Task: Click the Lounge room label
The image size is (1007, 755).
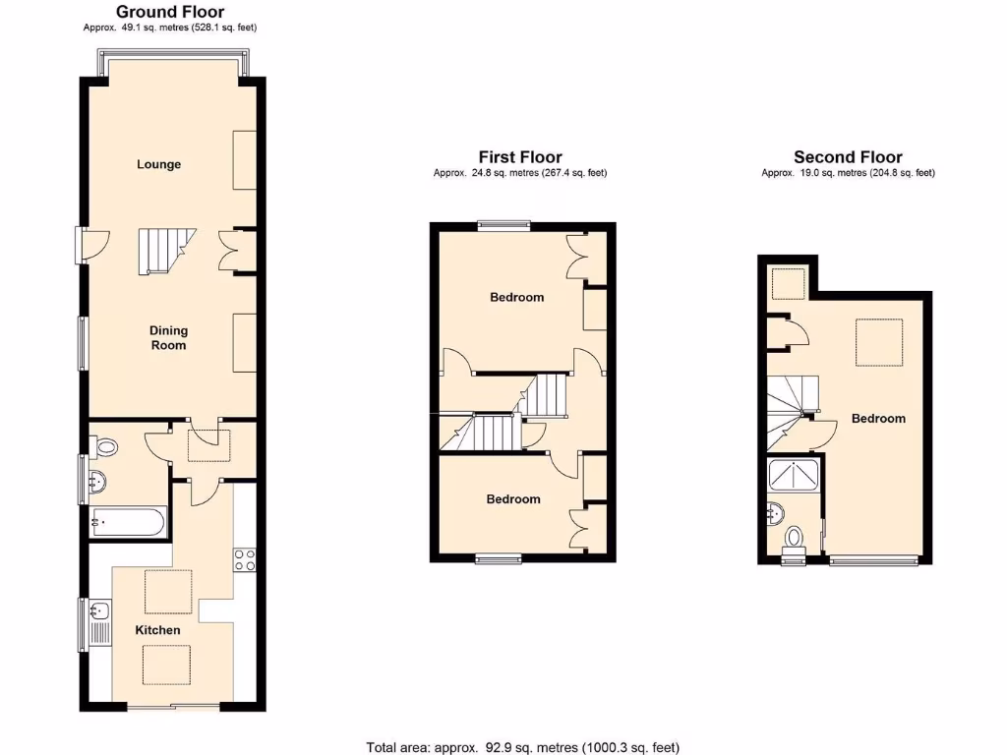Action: pos(158,164)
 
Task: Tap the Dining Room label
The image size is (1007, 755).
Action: pos(168,338)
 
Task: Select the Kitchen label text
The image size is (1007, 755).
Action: pos(158,630)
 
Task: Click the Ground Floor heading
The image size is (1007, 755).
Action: pos(170,12)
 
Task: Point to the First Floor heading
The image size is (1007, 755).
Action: pos(520,156)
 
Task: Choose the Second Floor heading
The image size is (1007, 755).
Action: pos(848,156)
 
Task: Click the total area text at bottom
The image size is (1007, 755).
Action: pos(522,747)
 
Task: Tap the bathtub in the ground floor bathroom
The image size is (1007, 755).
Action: pos(128,521)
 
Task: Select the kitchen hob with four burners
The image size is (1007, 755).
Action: pos(244,559)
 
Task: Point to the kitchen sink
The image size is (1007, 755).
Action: pos(99,622)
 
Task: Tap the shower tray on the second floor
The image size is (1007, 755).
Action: pos(795,475)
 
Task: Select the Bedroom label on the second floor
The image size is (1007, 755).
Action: pos(878,419)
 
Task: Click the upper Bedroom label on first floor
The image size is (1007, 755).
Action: pos(516,298)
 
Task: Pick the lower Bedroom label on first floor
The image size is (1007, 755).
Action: pos(513,499)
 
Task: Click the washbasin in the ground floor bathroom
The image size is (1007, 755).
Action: pos(97,483)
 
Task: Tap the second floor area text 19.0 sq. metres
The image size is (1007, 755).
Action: pos(848,173)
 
